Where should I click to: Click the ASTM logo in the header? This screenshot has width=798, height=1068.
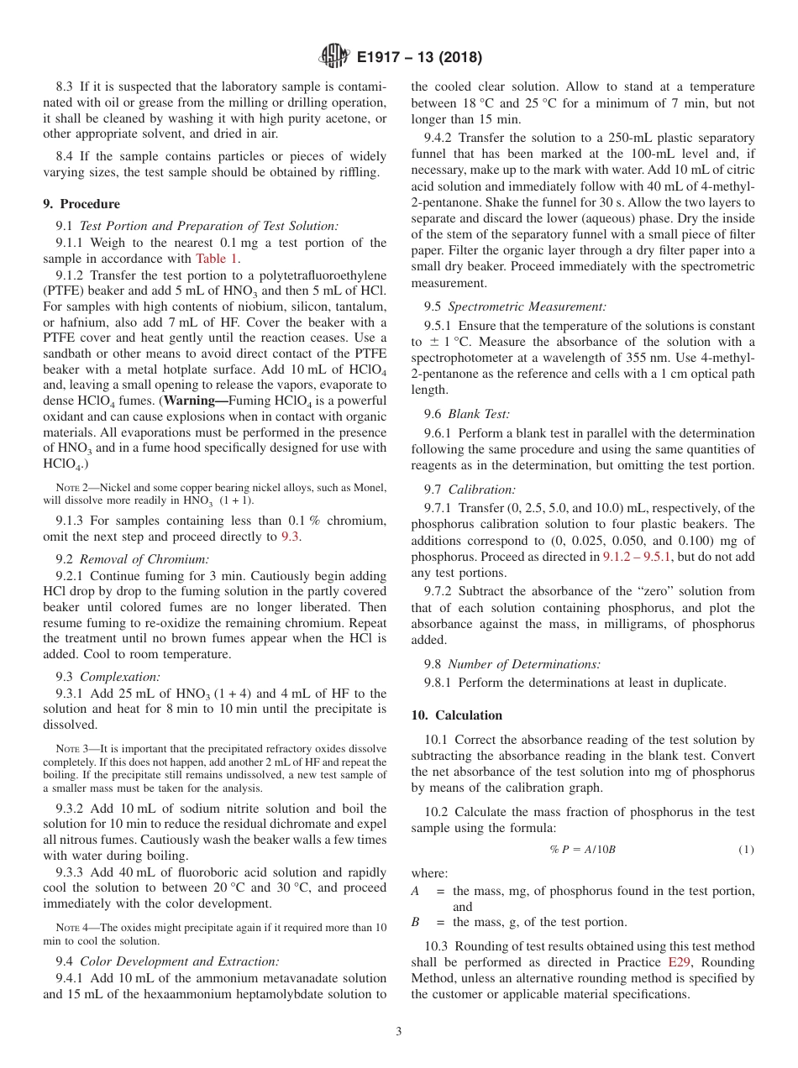tap(335, 57)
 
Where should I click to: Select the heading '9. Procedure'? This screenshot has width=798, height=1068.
tap(81, 204)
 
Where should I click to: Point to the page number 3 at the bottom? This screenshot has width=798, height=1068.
tap(399, 1031)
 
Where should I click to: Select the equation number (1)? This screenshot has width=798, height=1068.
tap(746, 850)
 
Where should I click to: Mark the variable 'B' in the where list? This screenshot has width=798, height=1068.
tap(415, 922)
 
